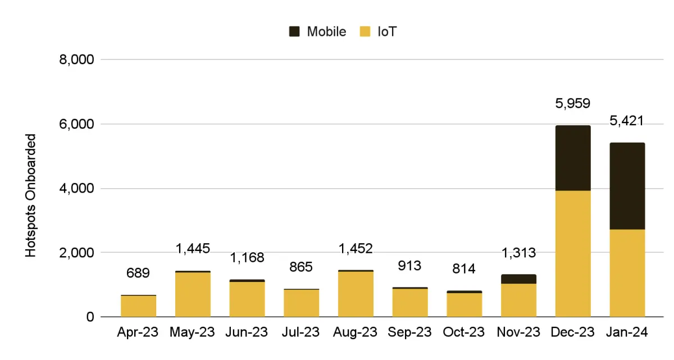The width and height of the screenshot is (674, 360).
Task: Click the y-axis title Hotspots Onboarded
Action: (31, 195)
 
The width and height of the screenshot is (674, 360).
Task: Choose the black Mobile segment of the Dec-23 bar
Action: (573, 158)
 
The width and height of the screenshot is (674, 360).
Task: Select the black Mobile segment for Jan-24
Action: (627, 186)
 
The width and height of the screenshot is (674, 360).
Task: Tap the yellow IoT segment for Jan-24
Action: (627, 273)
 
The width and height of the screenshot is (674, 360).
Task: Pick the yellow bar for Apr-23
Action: (138, 306)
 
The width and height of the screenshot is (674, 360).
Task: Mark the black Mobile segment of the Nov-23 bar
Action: (518, 279)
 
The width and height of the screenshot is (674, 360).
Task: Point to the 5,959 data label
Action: (573, 103)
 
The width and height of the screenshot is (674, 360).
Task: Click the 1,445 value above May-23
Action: (193, 248)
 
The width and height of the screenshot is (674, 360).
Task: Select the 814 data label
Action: (464, 268)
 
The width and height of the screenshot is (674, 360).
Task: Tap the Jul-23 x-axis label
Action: (301, 332)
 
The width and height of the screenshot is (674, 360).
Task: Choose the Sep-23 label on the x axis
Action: (410, 332)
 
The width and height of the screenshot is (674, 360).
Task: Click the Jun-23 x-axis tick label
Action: (247, 332)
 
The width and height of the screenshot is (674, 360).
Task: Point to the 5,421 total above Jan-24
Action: (627, 121)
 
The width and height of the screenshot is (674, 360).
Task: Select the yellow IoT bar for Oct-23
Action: (464, 305)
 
